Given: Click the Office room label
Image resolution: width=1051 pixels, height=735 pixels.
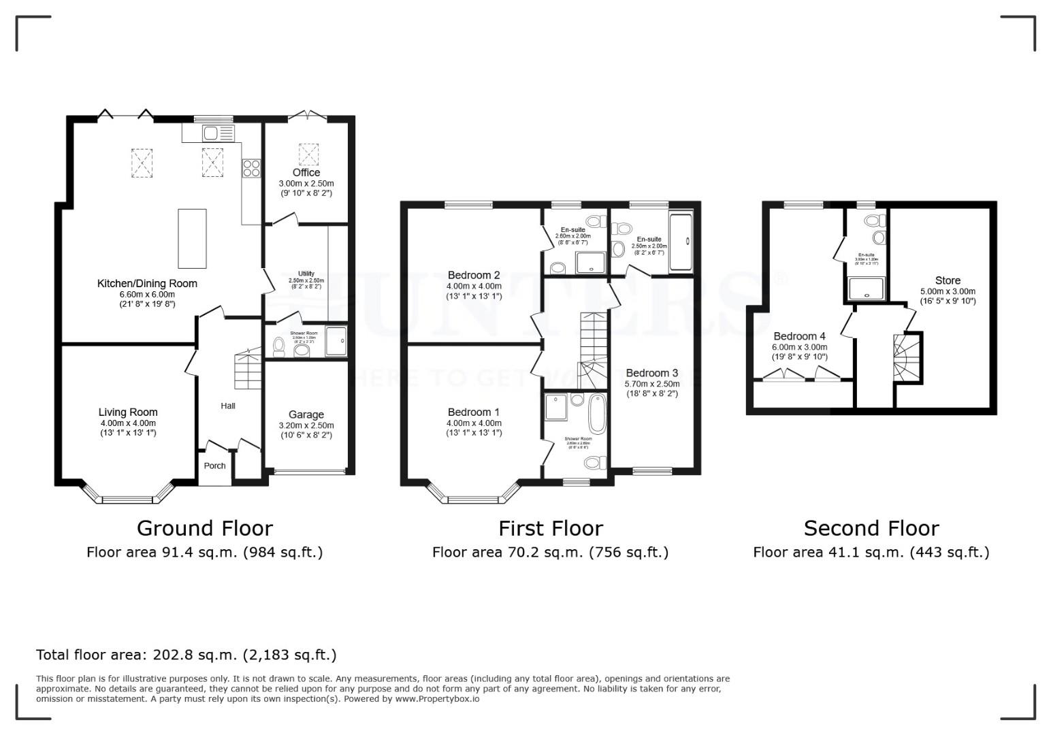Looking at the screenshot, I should (x=306, y=173).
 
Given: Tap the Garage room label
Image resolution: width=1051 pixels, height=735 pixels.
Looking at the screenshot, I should (x=306, y=414).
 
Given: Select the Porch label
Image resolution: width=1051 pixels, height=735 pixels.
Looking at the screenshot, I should (x=214, y=466).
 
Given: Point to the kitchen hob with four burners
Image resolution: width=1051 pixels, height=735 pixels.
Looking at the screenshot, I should (x=250, y=168).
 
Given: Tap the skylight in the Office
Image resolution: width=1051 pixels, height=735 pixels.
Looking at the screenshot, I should (x=309, y=154).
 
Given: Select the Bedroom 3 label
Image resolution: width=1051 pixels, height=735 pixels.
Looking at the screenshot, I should (x=651, y=373).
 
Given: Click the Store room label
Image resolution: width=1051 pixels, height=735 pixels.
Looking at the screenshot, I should (x=948, y=280).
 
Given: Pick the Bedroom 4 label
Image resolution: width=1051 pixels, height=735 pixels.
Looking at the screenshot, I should (x=799, y=336).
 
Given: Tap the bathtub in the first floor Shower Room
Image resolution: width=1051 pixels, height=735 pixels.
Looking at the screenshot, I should (x=597, y=414).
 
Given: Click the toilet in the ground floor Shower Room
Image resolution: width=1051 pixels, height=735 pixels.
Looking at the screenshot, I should (x=277, y=347).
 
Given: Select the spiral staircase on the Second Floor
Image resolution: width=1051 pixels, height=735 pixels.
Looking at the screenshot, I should (x=905, y=357).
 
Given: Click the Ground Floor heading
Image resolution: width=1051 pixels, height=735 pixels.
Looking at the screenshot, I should (x=204, y=528).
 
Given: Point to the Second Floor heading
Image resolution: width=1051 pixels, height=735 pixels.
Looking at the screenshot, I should (x=871, y=528).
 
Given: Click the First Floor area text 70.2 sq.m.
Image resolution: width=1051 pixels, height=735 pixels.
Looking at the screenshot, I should (x=550, y=552).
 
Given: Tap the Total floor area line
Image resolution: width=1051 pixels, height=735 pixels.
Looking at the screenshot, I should (x=186, y=655).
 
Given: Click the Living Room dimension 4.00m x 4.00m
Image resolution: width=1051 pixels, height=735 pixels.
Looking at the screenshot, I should (x=128, y=423).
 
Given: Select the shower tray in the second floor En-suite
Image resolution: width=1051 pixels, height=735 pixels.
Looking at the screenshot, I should (x=866, y=289).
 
